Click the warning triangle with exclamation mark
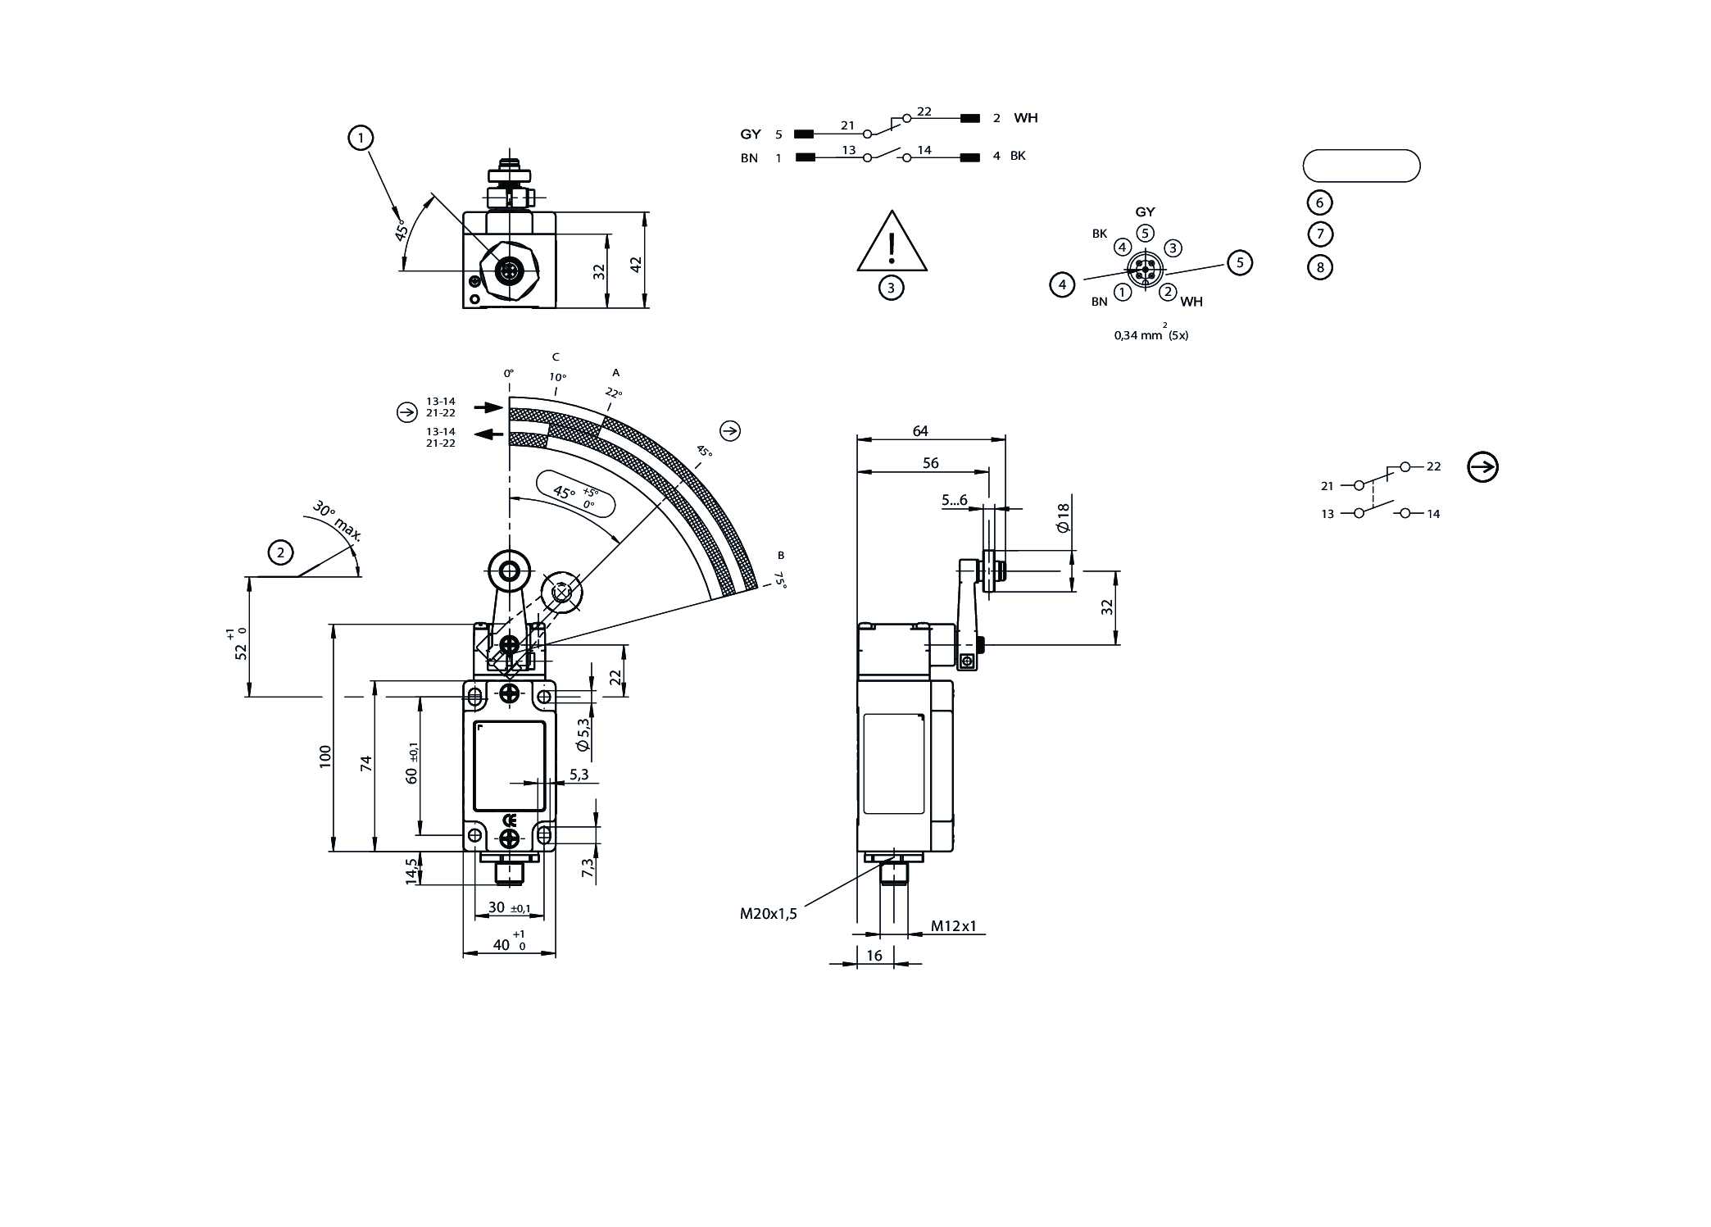(x=892, y=243)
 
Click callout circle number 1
(x=361, y=138)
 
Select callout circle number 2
(x=281, y=552)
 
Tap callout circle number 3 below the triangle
(x=891, y=288)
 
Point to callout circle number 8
(x=1319, y=267)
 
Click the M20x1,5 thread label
(x=768, y=914)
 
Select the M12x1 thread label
(x=954, y=926)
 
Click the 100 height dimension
(x=325, y=755)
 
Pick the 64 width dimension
(x=920, y=431)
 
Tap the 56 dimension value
(x=930, y=463)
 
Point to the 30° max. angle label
(x=337, y=522)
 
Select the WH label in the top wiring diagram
(x=1025, y=118)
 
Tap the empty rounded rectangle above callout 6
(x=1361, y=166)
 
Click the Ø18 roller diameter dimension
(x=1063, y=517)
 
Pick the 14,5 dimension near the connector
(x=412, y=870)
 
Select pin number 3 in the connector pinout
(x=1173, y=248)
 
